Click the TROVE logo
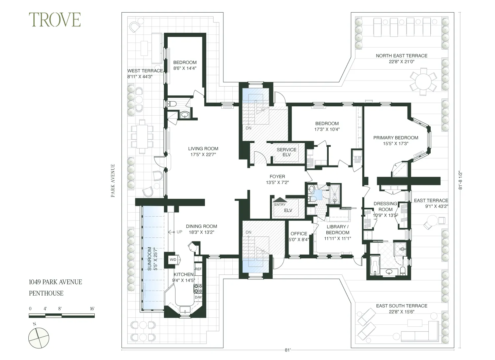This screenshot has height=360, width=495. point(55,20)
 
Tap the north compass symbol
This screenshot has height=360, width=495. point(38,338)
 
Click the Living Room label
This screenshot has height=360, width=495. point(203,149)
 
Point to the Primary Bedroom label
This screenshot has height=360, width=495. point(396,138)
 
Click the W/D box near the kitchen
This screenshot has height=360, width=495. point(173,260)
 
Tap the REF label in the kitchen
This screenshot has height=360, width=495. point(198,269)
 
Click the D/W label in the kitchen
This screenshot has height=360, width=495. point(198,297)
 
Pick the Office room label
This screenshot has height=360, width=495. point(299,234)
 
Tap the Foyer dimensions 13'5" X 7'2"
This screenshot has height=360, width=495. point(277,182)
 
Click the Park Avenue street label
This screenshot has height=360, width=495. point(113,181)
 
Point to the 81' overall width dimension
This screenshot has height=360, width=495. point(288,350)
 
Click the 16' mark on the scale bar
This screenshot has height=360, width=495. point(92,309)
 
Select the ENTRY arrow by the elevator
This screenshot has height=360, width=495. point(280,200)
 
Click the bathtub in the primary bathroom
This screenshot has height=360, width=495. point(375,265)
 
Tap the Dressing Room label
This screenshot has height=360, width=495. point(385,206)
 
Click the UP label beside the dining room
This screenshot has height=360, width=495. point(179,232)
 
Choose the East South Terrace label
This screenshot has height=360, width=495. point(402,306)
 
